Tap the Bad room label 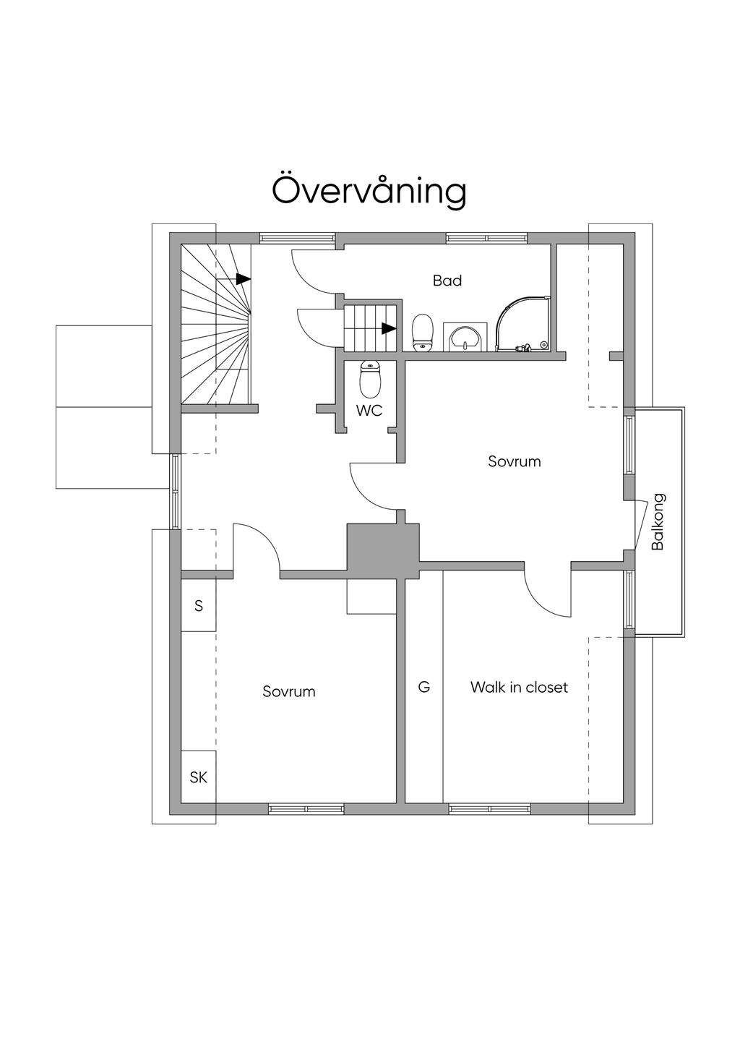click(x=447, y=281)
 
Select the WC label click(x=369, y=411)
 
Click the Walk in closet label click(x=519, y=687)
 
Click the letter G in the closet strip click(x=423, y=687)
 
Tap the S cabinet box click(x=199, y=606)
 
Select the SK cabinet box click(x=199, y=777)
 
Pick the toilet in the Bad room click(x=422, y=332)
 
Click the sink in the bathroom click(x=465, y=336)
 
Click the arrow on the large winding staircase click(x=244, y=279)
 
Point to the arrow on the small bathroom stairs click(x=390, y=328)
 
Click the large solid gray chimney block click(x=383, y=547)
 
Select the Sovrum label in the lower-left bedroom click(x=289, y=691)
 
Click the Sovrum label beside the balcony click(x=515, y=461)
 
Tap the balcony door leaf click(x=641, y=524)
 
